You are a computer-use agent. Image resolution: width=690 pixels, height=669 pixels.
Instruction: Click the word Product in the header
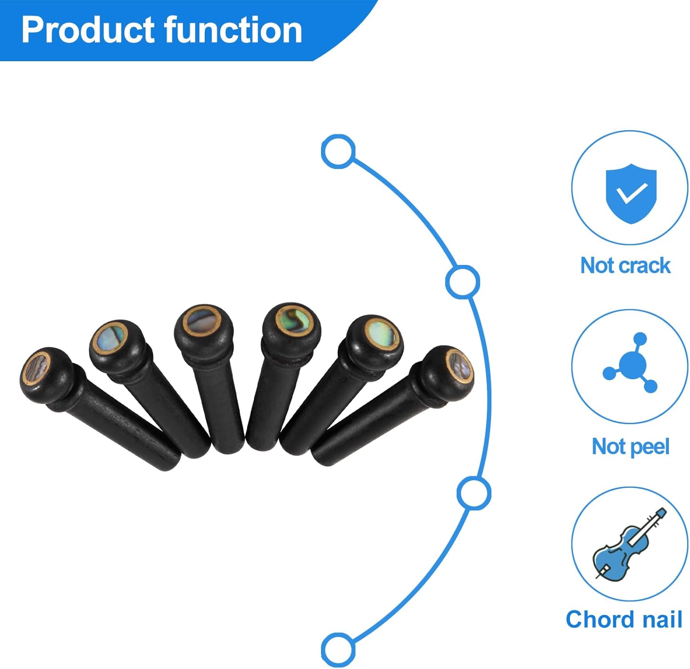point(87,30)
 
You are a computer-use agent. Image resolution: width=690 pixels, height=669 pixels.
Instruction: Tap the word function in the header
point(233,30)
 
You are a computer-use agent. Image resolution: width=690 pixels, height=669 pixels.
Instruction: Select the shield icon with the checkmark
point(631,193)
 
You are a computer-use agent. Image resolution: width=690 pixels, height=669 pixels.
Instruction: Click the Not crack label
point(625,265)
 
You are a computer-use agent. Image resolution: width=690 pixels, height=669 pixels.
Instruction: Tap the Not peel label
point(630,446)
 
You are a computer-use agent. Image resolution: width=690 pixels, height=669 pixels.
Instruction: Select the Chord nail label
point(624,619)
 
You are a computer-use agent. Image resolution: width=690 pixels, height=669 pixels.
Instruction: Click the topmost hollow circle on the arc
point(338,151)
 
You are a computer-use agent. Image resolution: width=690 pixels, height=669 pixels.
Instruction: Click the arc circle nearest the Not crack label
point(462,282)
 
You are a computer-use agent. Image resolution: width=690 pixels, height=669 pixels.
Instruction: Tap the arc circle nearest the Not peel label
point(474,493)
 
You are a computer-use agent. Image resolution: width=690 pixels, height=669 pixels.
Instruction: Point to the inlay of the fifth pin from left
point(381,334)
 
